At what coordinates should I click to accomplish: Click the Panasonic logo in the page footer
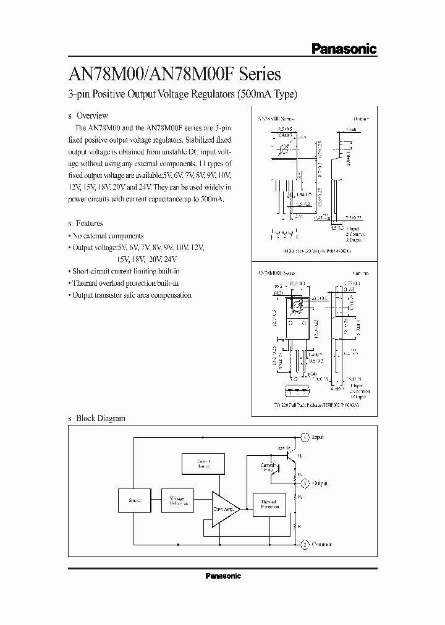click(x=222, y=576)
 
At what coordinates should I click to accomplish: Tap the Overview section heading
click(x=91, y=115)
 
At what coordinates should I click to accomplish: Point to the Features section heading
click(x=89, y=223)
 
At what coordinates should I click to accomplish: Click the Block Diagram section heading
click(x=100, y=418)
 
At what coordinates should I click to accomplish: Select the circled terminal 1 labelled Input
click(x=305, y=437)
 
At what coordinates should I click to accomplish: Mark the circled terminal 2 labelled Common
click(x=305, y=544)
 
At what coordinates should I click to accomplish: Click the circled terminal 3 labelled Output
click(x=305, y=483)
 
